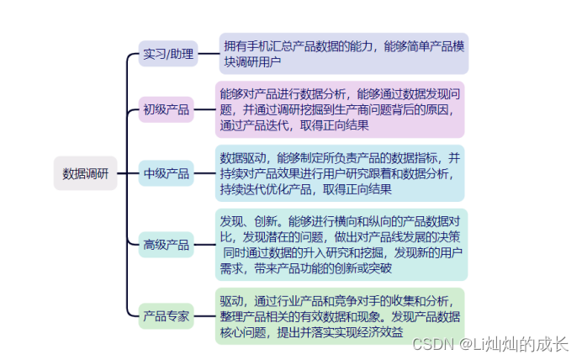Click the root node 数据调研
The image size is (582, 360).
[85, 174]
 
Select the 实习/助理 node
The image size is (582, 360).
[168, 55]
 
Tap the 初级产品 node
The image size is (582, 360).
[167, 109]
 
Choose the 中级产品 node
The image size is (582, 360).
[167, 174]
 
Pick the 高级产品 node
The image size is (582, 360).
[167, 245]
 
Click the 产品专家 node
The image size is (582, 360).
[167, 317]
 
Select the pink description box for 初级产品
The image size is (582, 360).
[340, 109]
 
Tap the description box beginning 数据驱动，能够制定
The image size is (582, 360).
[340, 173]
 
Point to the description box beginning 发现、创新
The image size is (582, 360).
[340, 245]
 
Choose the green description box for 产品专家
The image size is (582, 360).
[340, 316]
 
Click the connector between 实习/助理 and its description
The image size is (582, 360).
[208, 54]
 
